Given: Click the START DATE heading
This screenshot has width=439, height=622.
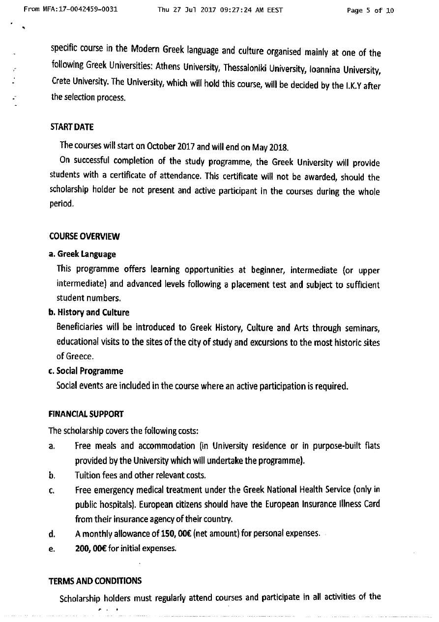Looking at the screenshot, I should (x=72, y=127).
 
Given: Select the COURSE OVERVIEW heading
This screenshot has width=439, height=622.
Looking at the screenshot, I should (x=84, y=236).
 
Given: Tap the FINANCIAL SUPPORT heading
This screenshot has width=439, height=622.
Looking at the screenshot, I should (x=86, y=414).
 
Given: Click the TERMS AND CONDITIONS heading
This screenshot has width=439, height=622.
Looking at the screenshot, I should (x=95, y=581).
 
